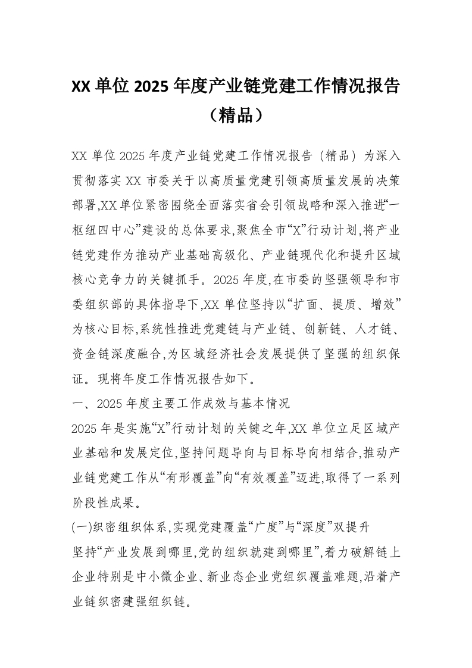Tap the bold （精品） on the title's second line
236,115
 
